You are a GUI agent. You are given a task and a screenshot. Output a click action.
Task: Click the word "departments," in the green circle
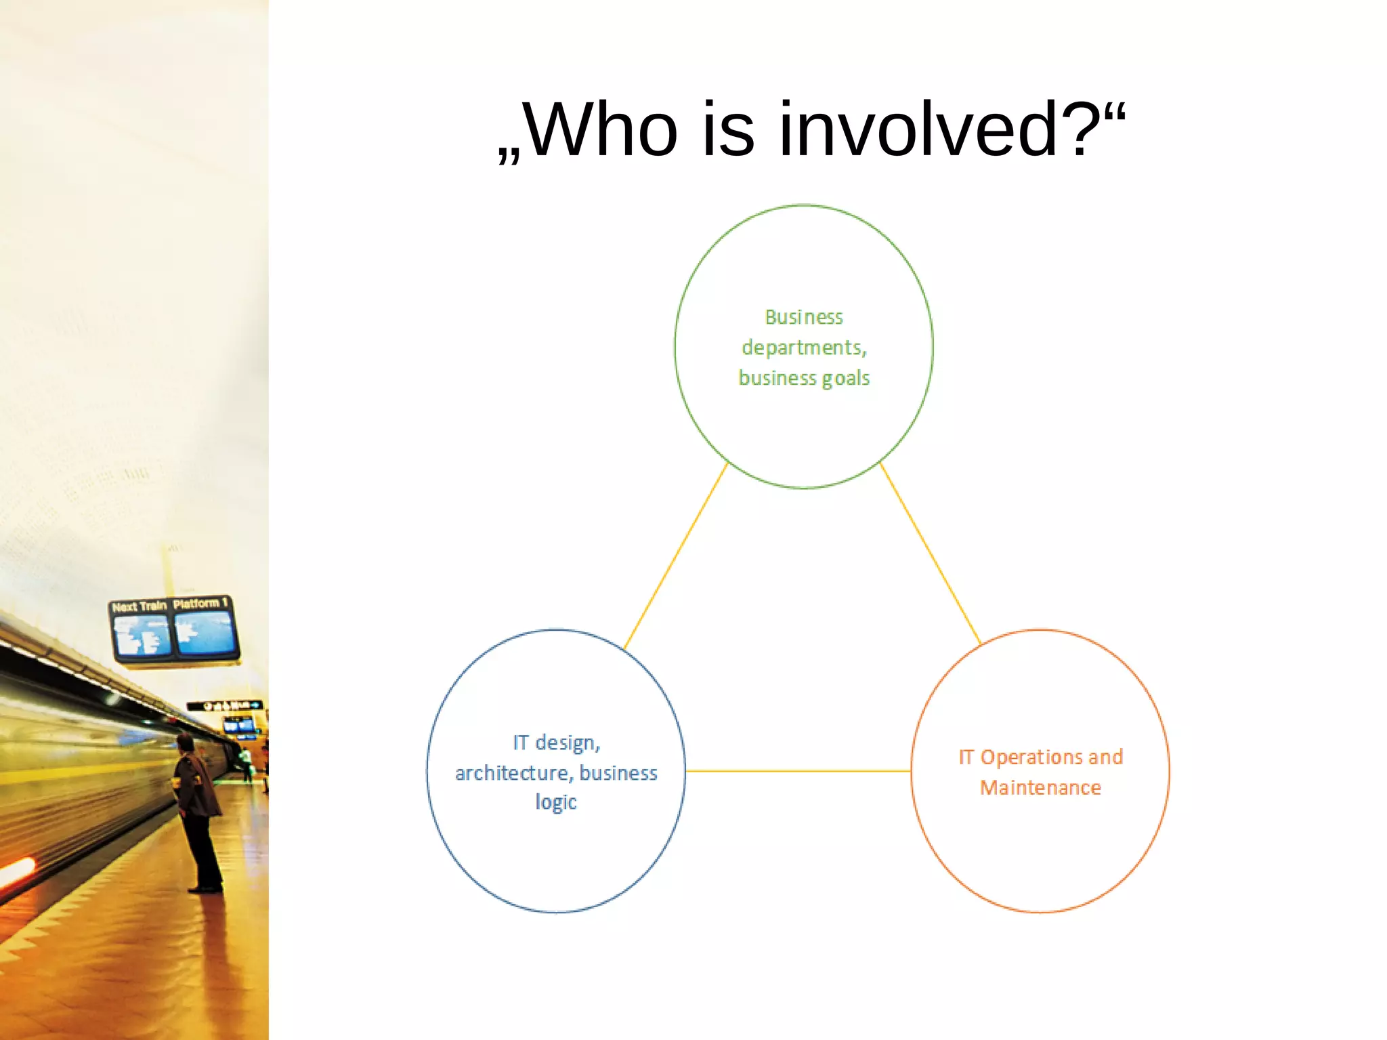coord(804,348)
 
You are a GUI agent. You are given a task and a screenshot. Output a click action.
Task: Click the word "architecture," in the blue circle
coord(512,773)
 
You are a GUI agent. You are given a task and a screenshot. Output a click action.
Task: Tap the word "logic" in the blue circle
coord(556,802)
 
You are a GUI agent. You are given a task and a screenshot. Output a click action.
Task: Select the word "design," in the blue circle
coord(568,743)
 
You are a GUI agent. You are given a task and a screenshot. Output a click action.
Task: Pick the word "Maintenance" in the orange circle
coord(1040,788)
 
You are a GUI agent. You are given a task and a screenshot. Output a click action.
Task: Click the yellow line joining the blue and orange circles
coord(798,771)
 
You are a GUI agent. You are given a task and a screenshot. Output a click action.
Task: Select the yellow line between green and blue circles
coord(676,556)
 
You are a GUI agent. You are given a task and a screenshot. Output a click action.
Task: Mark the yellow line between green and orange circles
coord(931,554)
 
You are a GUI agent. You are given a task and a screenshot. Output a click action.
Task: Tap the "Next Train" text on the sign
coord(140,606)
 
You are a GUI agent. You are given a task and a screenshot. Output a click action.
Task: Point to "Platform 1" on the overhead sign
coord(200,603)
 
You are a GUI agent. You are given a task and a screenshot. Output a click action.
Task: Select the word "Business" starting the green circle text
coord(804,317)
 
